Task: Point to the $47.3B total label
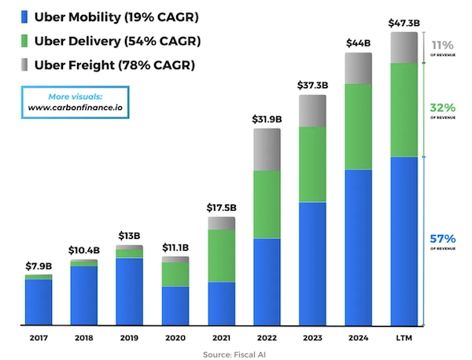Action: coord(404,24)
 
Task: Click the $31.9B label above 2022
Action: coord(267,119)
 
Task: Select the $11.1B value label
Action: coord(175,248)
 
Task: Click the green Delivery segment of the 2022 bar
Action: coord(267,204)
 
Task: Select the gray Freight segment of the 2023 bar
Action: coord(312,111)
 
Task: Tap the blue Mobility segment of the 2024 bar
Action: coord(358,247)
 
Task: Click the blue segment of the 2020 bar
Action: coord(175,306)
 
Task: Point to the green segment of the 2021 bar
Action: coord(221,255)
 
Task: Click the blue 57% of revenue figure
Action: coord(443,239)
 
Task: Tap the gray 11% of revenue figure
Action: coord(443,46)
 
